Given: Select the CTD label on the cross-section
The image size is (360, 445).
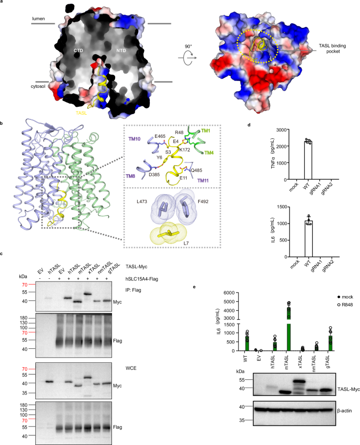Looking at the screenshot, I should point(79,50).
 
